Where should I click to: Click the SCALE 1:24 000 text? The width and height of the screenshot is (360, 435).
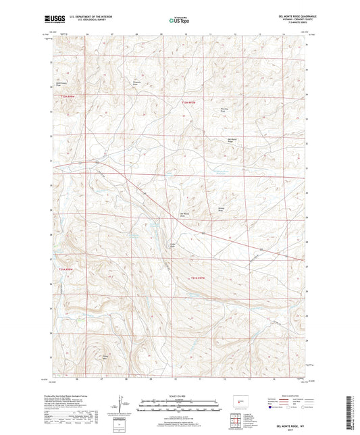click(180, 396)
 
